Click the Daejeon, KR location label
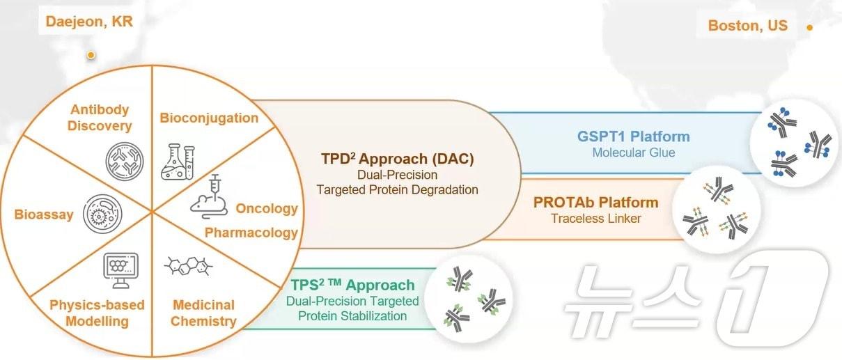tap(88, 22)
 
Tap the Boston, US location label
tap(747, 26)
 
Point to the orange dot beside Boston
tap(809, 28)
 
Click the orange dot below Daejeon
tap(91, 55)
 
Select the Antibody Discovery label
tap(100, 118)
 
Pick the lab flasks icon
tap(177, 161)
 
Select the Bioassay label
tap(43, 214)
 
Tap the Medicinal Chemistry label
tap(203, 313)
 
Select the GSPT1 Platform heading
tap(633, 136)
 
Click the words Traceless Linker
tap(595, 218)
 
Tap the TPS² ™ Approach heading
tap(352, 285)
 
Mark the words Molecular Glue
tap(633, 152)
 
